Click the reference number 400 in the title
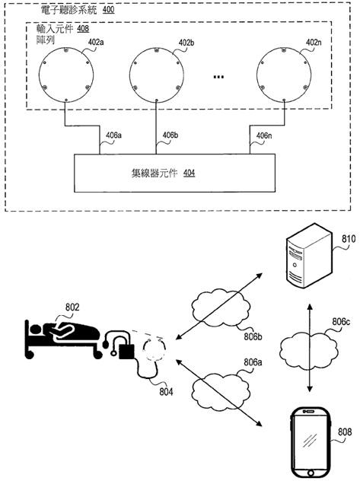[108, 9]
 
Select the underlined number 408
[83, 28]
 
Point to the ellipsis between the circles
[218, 76]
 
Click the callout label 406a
[113, 135]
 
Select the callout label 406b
[170, 135]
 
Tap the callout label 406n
[263, 135]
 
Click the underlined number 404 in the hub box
[190, 174]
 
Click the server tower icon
[309, 256]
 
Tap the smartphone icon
[311, 442]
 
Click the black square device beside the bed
[126, 352]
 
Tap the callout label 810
[349, 239]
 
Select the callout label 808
[345, 432]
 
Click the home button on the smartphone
[311, 472]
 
